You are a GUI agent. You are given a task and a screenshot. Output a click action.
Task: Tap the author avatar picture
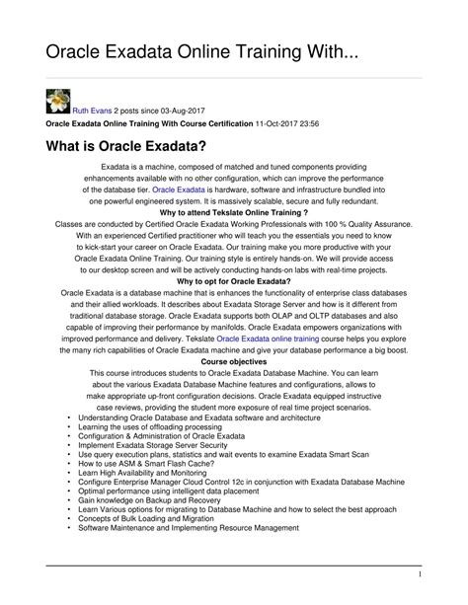58,100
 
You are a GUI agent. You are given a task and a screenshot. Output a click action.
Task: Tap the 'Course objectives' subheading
234,363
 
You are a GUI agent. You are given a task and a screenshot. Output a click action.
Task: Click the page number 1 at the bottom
447,573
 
